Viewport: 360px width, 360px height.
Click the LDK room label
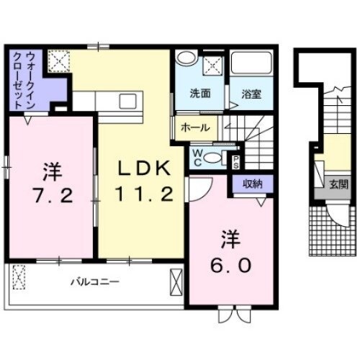(x=144, y=168)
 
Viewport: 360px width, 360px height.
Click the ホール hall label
(x=196, y=127)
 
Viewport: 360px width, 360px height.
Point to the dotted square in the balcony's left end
(x=18, y=276)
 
